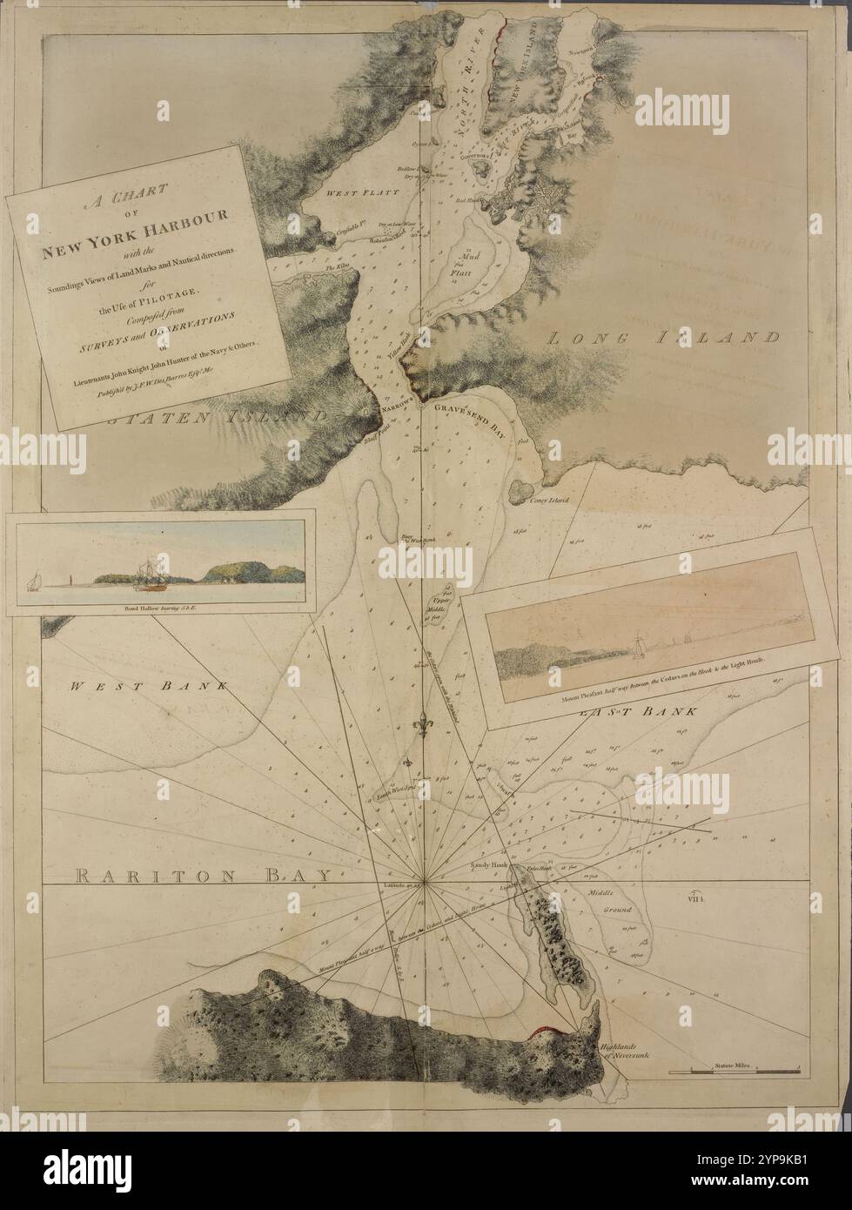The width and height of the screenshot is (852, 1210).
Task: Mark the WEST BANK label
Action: (148, 686)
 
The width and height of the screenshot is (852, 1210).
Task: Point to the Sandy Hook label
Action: (487, 868)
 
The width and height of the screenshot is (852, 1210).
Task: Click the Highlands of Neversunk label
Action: (620, 1052)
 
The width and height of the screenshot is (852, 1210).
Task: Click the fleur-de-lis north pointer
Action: (423, 723)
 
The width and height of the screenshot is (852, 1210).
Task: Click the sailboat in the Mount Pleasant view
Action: (638, 645)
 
